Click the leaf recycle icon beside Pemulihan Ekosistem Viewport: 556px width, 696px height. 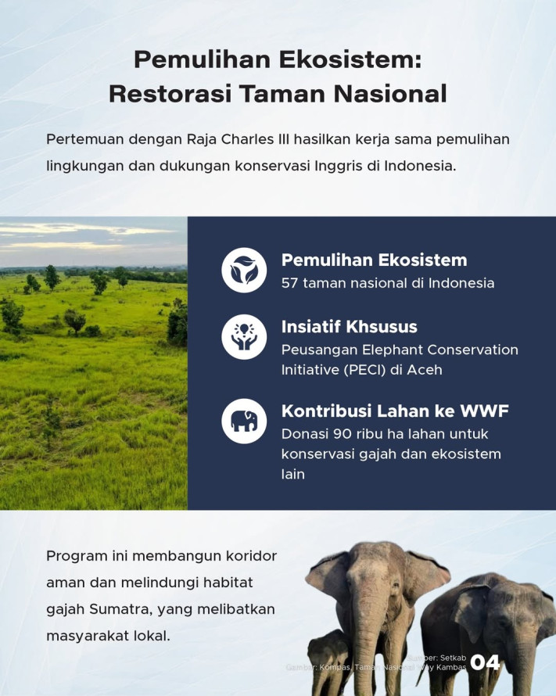244,270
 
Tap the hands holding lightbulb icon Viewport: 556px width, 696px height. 244,337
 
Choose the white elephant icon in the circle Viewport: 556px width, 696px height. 244,421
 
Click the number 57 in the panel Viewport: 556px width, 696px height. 291,283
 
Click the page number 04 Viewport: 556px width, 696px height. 485,663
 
